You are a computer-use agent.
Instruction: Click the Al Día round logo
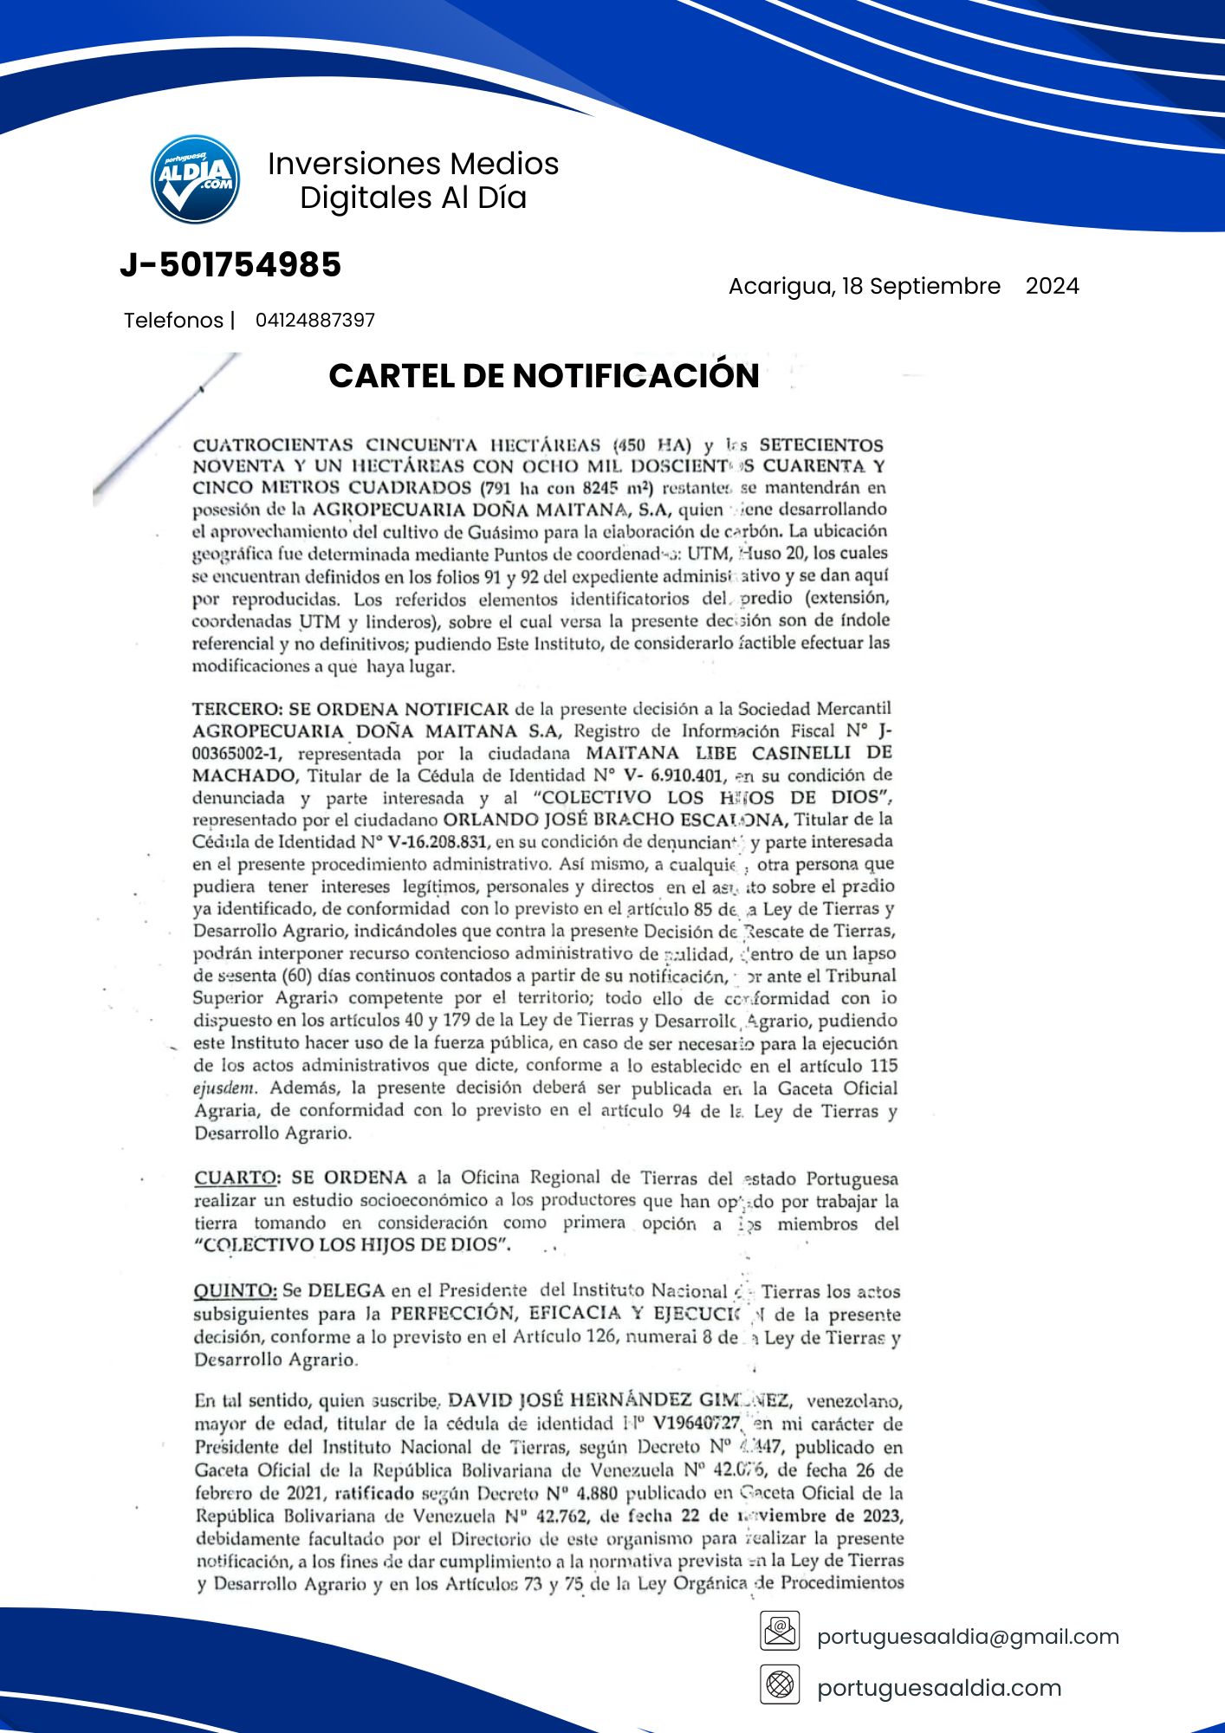(195, 179)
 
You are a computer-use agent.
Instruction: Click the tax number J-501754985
(230, 265)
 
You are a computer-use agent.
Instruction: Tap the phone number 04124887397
(315, 321)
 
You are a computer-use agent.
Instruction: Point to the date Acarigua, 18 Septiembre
(864, 286)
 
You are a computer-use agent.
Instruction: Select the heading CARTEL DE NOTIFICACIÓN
(544, 375)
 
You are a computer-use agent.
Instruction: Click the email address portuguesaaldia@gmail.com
(968, 1636)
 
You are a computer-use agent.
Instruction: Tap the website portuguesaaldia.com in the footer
(939, 1687)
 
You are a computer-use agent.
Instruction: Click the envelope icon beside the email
(780, 1631)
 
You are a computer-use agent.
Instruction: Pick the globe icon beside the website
(780, 1684)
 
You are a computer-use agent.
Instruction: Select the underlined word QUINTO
(235, 1291)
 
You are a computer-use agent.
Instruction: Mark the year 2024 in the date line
(1052, 286)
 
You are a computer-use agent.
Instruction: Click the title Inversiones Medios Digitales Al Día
(413, 180)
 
